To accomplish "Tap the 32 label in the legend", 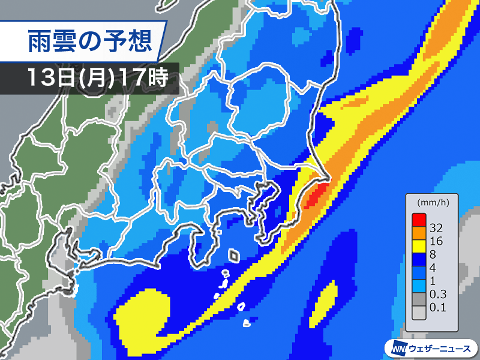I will click(x=437, y=229).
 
